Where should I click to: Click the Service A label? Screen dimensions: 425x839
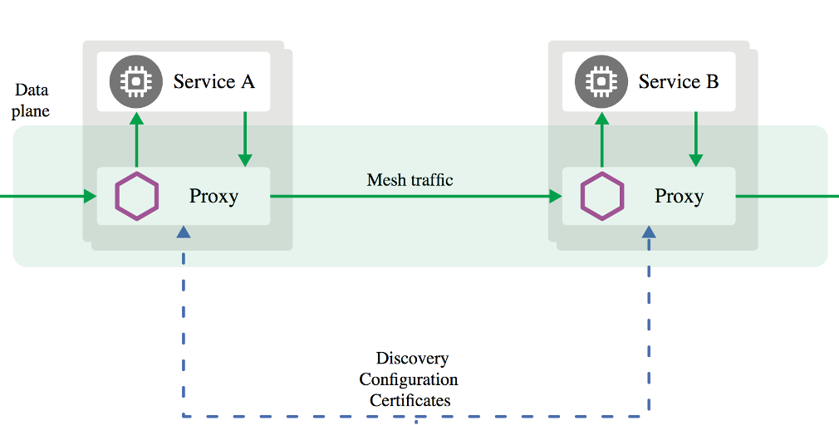[x=213, y=81]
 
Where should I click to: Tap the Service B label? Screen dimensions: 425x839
[x=679, y=81]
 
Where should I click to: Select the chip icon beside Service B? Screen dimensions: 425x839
[x=597, y=81]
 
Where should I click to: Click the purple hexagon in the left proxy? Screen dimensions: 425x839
[x=136, y=197]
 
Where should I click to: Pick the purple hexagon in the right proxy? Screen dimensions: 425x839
[x=601, y=197]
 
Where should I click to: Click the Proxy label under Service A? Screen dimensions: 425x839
[x=213, y=197]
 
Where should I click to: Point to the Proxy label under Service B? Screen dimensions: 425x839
[x=679, y=197]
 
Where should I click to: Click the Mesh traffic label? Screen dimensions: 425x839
[x=410, y=179]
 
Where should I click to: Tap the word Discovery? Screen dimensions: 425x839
[x=412, y=359]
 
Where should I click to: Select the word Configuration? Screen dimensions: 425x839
[x=408, y=379]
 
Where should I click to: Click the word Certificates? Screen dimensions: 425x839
[x=410, y=400]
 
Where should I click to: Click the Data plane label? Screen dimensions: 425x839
[x=32, y=100]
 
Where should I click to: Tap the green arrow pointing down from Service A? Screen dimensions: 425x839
[x=245, y=139]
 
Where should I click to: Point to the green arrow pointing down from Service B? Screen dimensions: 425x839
[x=696, y=139]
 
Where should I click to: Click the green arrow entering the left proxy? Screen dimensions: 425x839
[x=50, y=197]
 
